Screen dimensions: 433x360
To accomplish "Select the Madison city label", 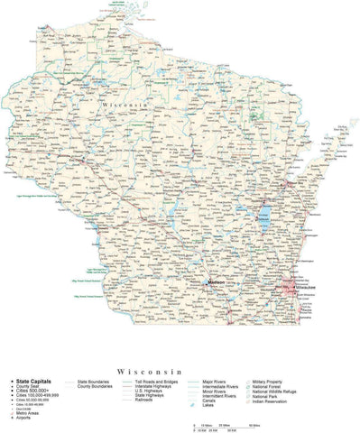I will tap(217, 283).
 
